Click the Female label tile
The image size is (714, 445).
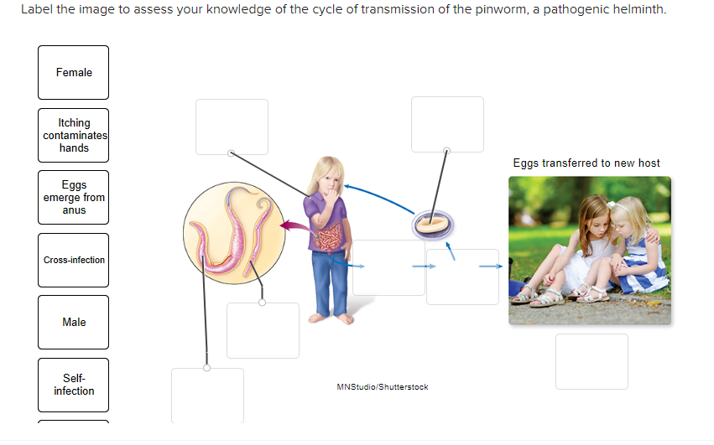(x=73, y=73)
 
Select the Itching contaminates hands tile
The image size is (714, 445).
(x=73, y=135)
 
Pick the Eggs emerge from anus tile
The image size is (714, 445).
(x=73, y=198)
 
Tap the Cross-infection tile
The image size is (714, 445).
(x=73, y=260)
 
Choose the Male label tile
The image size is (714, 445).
(x=73, y=323)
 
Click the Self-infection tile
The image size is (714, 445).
(x=73, y=385)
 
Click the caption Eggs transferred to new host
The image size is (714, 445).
(x=586, y=163)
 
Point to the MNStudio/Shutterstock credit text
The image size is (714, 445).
(x=382, y=387)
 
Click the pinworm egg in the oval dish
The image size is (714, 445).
(x=433, y=223)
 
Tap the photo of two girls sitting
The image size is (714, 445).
(x=589, y=250)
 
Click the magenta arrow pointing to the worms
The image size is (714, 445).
(x=290, y=225)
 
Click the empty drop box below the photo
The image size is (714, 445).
(x=591, y=361)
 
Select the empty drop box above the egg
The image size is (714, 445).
(x=446, y=124)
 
